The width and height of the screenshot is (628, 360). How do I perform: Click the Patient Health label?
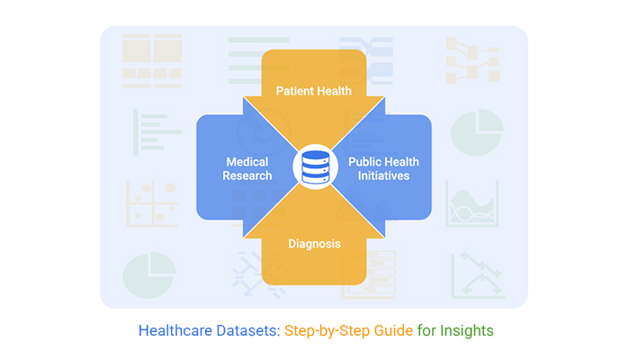(x=313, y=92)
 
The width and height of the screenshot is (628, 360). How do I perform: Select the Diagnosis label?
(x=313, y=244)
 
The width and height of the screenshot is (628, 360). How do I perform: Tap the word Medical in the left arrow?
(x=247, y=162)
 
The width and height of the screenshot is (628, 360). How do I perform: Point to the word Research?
(x=247, y=175)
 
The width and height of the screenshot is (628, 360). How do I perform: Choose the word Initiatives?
(x=382, y=175)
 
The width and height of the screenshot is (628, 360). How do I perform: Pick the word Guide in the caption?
(x=396, y=330)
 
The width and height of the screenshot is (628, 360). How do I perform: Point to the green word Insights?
(x=467, y=330)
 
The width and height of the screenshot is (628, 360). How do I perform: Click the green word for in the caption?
(x=428, y=330)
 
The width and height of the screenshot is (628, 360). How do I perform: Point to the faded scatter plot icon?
(x=150, y=202)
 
